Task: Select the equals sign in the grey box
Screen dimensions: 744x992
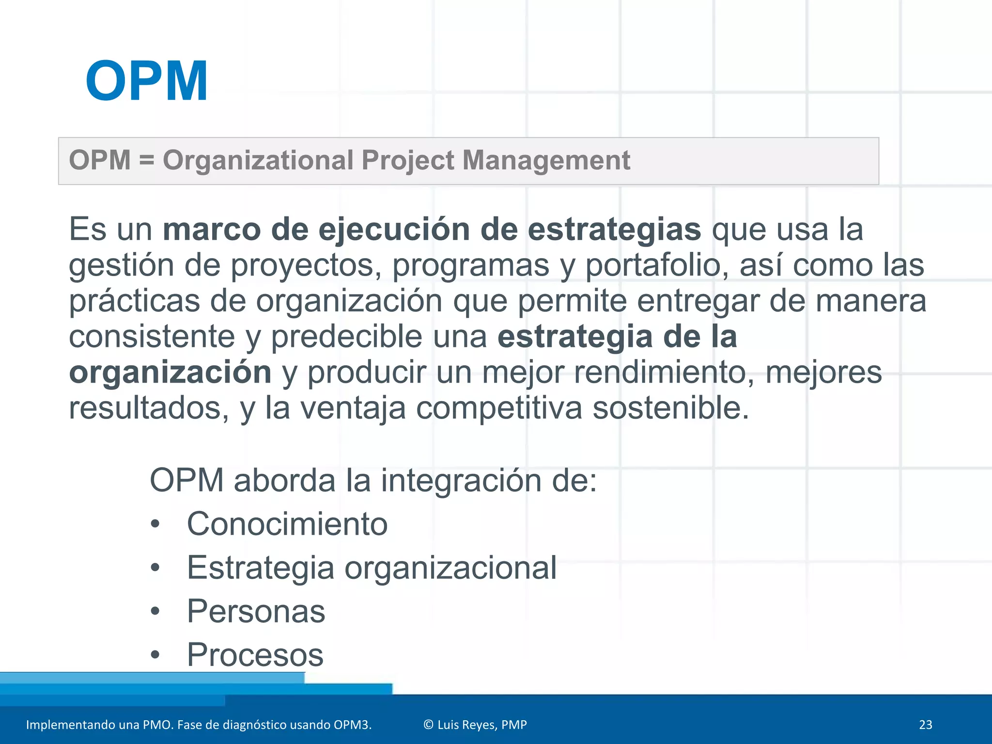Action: pos(146,160)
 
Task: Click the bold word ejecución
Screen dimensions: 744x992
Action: pos(394,229)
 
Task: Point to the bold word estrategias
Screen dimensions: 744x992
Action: pos(614,229)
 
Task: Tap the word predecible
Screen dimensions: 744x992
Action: pos(346,337)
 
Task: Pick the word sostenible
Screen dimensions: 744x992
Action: pos(671,408)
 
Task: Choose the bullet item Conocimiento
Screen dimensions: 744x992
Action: pos(287,524)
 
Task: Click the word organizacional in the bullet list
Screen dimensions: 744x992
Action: pos(450,568)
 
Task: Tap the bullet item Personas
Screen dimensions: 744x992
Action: pos(256,611)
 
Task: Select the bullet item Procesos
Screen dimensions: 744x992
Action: pos(255,655)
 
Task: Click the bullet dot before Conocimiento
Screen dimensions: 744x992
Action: pos(155,524)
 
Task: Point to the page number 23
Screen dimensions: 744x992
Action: pos(925,725)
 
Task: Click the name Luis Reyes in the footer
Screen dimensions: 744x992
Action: pos(467,725)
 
